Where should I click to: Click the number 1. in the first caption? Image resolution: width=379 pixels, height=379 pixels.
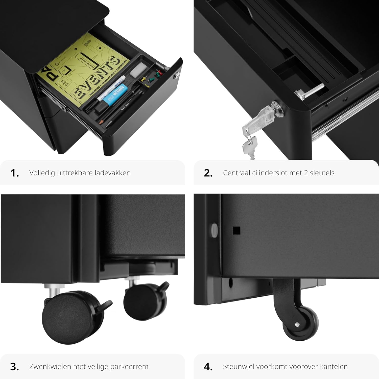click(15, 173)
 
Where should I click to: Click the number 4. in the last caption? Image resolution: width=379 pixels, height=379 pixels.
click(208, 367)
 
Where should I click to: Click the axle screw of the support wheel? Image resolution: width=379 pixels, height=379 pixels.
click(297, 324)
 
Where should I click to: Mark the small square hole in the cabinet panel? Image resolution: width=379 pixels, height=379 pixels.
click(236, 230)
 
